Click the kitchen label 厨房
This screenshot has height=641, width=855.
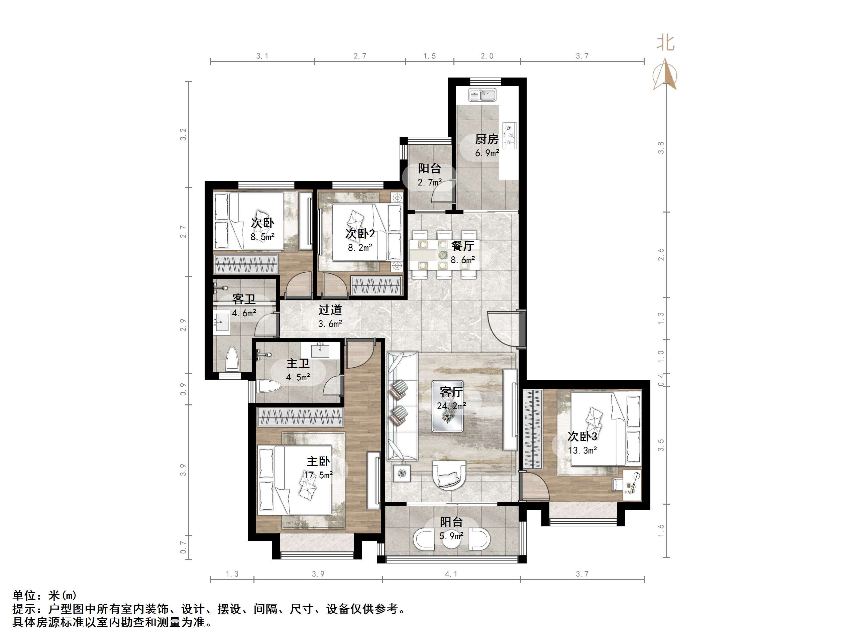pos(487,139)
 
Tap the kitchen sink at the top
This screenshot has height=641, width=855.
pos(483,95)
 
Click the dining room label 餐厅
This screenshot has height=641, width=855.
pos(463,246)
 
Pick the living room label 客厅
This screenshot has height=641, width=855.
pos(451,392)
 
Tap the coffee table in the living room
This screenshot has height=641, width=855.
pos(448,416)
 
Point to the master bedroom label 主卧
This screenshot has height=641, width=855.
pos(318,461)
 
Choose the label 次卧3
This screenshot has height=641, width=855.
pos(582,436)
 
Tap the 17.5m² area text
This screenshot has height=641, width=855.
pos(318,475)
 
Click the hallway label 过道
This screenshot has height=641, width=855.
pos(330,309)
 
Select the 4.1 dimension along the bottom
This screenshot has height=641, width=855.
pos(451,574)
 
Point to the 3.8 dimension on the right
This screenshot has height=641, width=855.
pos(661,148)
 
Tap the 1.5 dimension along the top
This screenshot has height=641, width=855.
pos(429,56)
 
